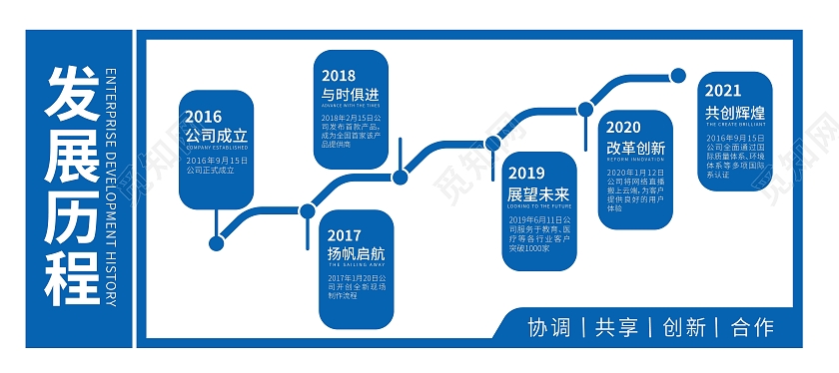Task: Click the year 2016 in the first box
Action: [x=204, y=117]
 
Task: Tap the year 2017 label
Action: [x=345, y=235]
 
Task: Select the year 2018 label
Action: [x=339, y=75]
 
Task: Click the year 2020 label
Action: [x=623, y=128]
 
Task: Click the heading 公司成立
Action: [x=216, y=136]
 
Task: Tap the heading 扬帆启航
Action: [x=355, y=253]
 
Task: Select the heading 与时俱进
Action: [x=350, y=94]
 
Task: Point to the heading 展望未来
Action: [x=537, y=193]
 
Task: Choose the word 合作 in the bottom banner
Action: [x=752, y=327]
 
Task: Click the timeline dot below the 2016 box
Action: [x=216, y=242]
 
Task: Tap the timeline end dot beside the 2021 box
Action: [x=678, y=75]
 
